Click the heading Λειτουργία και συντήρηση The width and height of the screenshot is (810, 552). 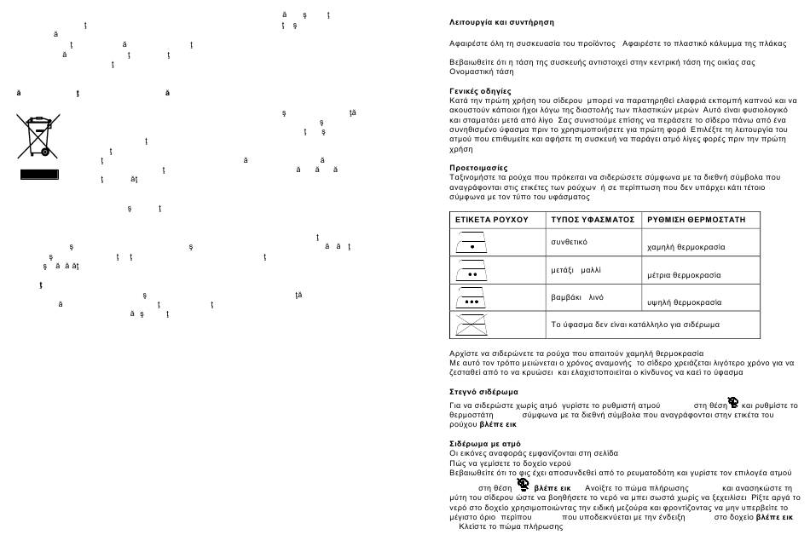[x=501, y=22]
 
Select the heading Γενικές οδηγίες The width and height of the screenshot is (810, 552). [x=480, y=90]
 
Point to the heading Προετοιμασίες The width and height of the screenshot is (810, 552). [x=478, y=168]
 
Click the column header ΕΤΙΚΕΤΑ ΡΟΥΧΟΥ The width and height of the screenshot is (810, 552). [x=492, y=220]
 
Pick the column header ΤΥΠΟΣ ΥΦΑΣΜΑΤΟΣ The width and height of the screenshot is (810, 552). [x=593, y=220]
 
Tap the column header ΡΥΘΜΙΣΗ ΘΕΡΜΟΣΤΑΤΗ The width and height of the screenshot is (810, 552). [x=697, y=220]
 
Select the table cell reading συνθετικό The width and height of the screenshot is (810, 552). [x=570, y=242]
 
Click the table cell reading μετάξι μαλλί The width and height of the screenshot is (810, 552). [x=576, y=269]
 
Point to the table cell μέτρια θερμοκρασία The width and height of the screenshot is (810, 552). [x=684, y=275]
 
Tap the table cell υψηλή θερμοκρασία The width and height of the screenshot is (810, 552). [x=684, y=302]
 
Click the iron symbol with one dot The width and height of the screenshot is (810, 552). [x=472, y=243]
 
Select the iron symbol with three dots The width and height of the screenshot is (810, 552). [x=472, y=298]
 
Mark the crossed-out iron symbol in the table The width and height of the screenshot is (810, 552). [x=472, y=325]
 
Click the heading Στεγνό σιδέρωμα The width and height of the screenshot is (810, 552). [x=483, y=392]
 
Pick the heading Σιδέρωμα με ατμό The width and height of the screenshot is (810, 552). [x=484, y=444]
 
